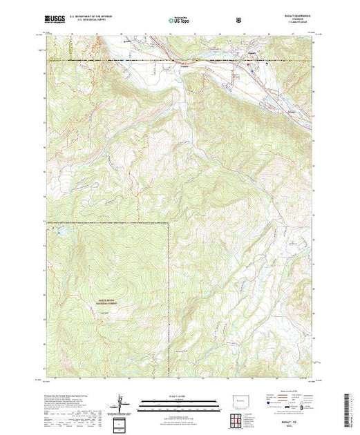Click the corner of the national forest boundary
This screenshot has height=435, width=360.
168,222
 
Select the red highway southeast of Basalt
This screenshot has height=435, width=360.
283,97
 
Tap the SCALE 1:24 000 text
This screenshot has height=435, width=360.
179,397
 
